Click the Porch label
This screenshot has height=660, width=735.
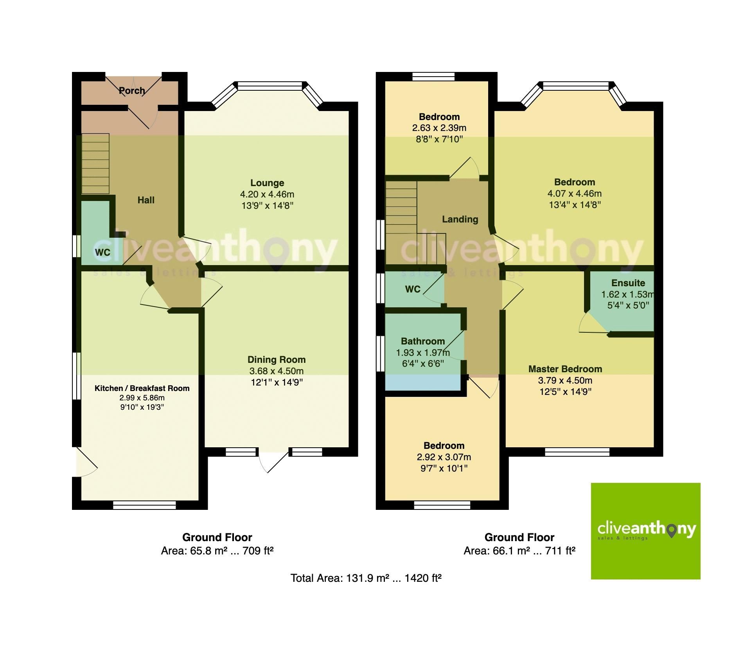(132, 91)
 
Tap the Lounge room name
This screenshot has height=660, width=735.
(267, 183)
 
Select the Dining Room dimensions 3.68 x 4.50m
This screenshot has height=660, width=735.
(276, 371)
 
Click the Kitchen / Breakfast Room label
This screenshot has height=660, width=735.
(142, 388)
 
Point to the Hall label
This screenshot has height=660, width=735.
(146, 200)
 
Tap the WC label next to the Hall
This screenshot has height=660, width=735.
(102, 253)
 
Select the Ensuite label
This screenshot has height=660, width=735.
(628, 283)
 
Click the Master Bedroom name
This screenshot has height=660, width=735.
(565, 369)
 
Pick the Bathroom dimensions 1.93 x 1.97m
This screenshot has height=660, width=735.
(422, 353)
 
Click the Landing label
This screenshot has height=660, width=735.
(460, 219)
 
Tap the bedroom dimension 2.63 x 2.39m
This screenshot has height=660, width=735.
(439, 128)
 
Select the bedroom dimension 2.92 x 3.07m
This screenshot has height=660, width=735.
(444, 457)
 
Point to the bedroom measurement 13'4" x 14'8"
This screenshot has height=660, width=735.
(574, 204)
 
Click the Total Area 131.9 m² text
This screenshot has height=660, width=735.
(366, 578)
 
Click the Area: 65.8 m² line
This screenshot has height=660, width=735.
(217, 551)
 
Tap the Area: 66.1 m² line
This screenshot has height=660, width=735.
(519, 551)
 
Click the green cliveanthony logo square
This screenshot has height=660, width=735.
(645, 531)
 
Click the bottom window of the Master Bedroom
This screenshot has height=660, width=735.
(577, 452)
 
